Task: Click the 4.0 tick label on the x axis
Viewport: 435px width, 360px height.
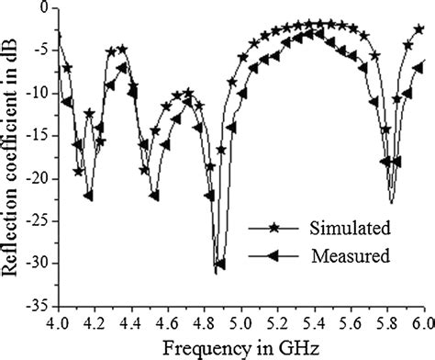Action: coord(57,323)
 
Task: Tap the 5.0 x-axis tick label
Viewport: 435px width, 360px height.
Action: coord(240,323)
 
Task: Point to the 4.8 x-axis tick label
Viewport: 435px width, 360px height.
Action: coord(204,323)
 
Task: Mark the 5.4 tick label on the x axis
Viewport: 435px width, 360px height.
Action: coord(314,323)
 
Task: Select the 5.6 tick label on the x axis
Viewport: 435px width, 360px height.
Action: coord(351,323)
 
